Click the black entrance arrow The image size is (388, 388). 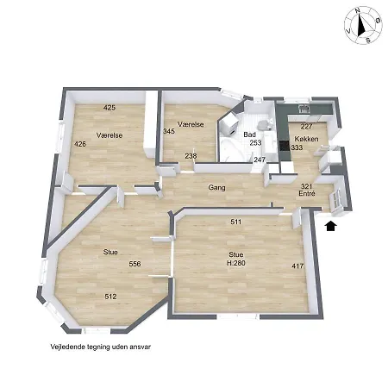[330, 226]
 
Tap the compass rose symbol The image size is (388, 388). [363, 26]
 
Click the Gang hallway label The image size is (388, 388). [216, 188]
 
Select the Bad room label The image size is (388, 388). [249, 135]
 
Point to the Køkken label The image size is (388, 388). [306, 139]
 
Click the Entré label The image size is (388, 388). [307, 193]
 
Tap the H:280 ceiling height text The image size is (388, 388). [236, 263]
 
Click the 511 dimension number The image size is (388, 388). [236, 222]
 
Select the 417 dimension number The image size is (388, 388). [297, 266]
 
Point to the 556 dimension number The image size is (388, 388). [135, 264]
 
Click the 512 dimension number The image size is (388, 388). [110, 297]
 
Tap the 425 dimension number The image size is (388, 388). [110, 108]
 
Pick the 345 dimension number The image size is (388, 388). [169, 131]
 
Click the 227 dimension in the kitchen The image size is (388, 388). [306, 127]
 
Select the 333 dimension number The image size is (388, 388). [297, 147]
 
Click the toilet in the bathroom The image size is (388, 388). [265, 124]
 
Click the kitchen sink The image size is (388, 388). [304, 109]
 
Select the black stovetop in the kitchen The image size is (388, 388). [285, 146]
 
